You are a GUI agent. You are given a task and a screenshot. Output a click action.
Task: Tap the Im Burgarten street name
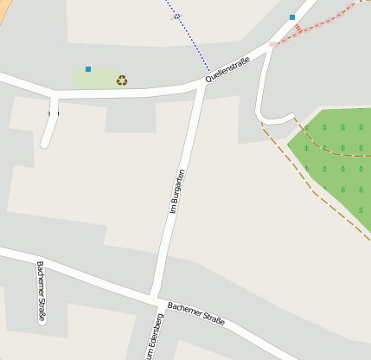click(177, 191)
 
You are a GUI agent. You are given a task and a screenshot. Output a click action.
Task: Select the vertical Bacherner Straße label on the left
click(41, 292)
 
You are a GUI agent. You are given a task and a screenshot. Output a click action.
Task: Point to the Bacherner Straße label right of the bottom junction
click(196, 314)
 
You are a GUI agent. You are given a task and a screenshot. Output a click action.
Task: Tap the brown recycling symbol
click(122, 80)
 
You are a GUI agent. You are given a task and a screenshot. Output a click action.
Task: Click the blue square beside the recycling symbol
click(88, 68)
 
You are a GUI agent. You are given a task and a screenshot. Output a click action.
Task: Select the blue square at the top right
click(292, 16)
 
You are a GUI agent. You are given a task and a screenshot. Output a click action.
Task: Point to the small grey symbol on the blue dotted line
click(177, 16)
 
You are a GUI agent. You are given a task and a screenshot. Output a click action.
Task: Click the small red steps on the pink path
click(297, 29)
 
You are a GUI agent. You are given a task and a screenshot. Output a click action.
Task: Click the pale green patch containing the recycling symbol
click(99, 80)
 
